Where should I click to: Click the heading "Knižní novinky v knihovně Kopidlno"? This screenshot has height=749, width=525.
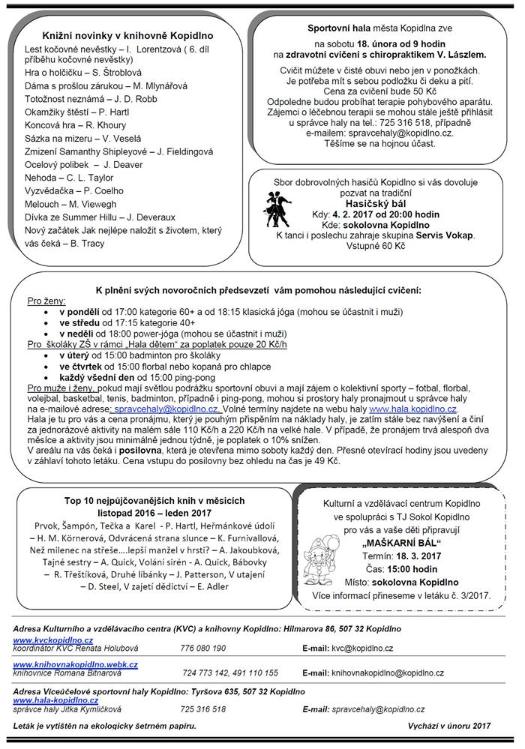coord(128,35)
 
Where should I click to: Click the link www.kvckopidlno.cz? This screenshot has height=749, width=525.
coord(52,640)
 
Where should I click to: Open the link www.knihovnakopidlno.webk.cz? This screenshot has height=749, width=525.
coord(75,664)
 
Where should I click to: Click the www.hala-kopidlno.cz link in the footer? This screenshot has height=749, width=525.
coord(52,700)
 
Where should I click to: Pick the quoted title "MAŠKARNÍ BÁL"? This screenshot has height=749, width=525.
coord(401,541)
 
